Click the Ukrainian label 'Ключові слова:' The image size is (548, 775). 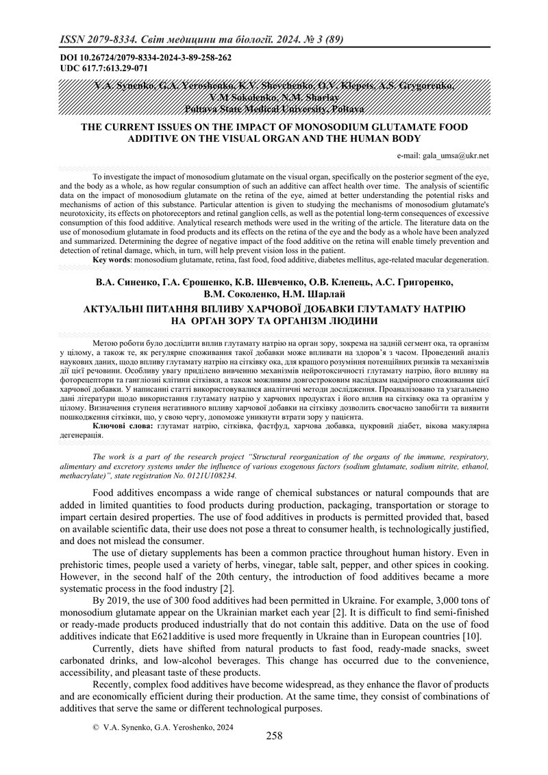click(123, 425)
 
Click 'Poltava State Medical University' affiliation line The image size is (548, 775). click(273, 109)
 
